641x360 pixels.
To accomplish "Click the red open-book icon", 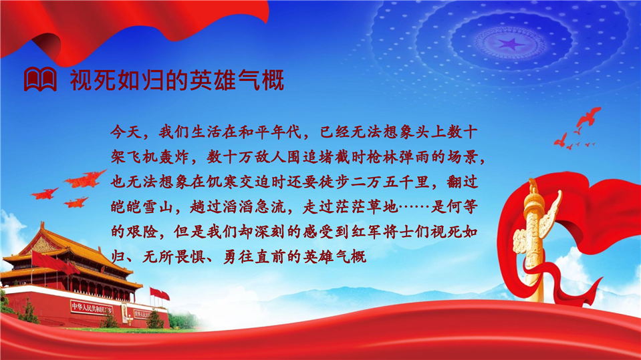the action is pos(40,79).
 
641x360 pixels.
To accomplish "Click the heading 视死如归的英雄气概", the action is pos(176,80).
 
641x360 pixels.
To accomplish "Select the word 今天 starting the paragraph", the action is pos(126,132).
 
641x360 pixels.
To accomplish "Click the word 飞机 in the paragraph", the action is pos(142,157).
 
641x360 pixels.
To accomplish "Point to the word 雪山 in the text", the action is pos(158,207).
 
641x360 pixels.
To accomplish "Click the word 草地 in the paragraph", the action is pos(382,207).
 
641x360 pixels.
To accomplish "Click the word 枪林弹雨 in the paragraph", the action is pos(398,157).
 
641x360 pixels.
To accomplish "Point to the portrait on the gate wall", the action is pos(124,313).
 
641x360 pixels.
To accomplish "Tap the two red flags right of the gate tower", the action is pos(160,293).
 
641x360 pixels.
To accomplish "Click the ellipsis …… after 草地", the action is pos(414,207).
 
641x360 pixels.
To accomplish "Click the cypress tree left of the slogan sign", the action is pos(29,311).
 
